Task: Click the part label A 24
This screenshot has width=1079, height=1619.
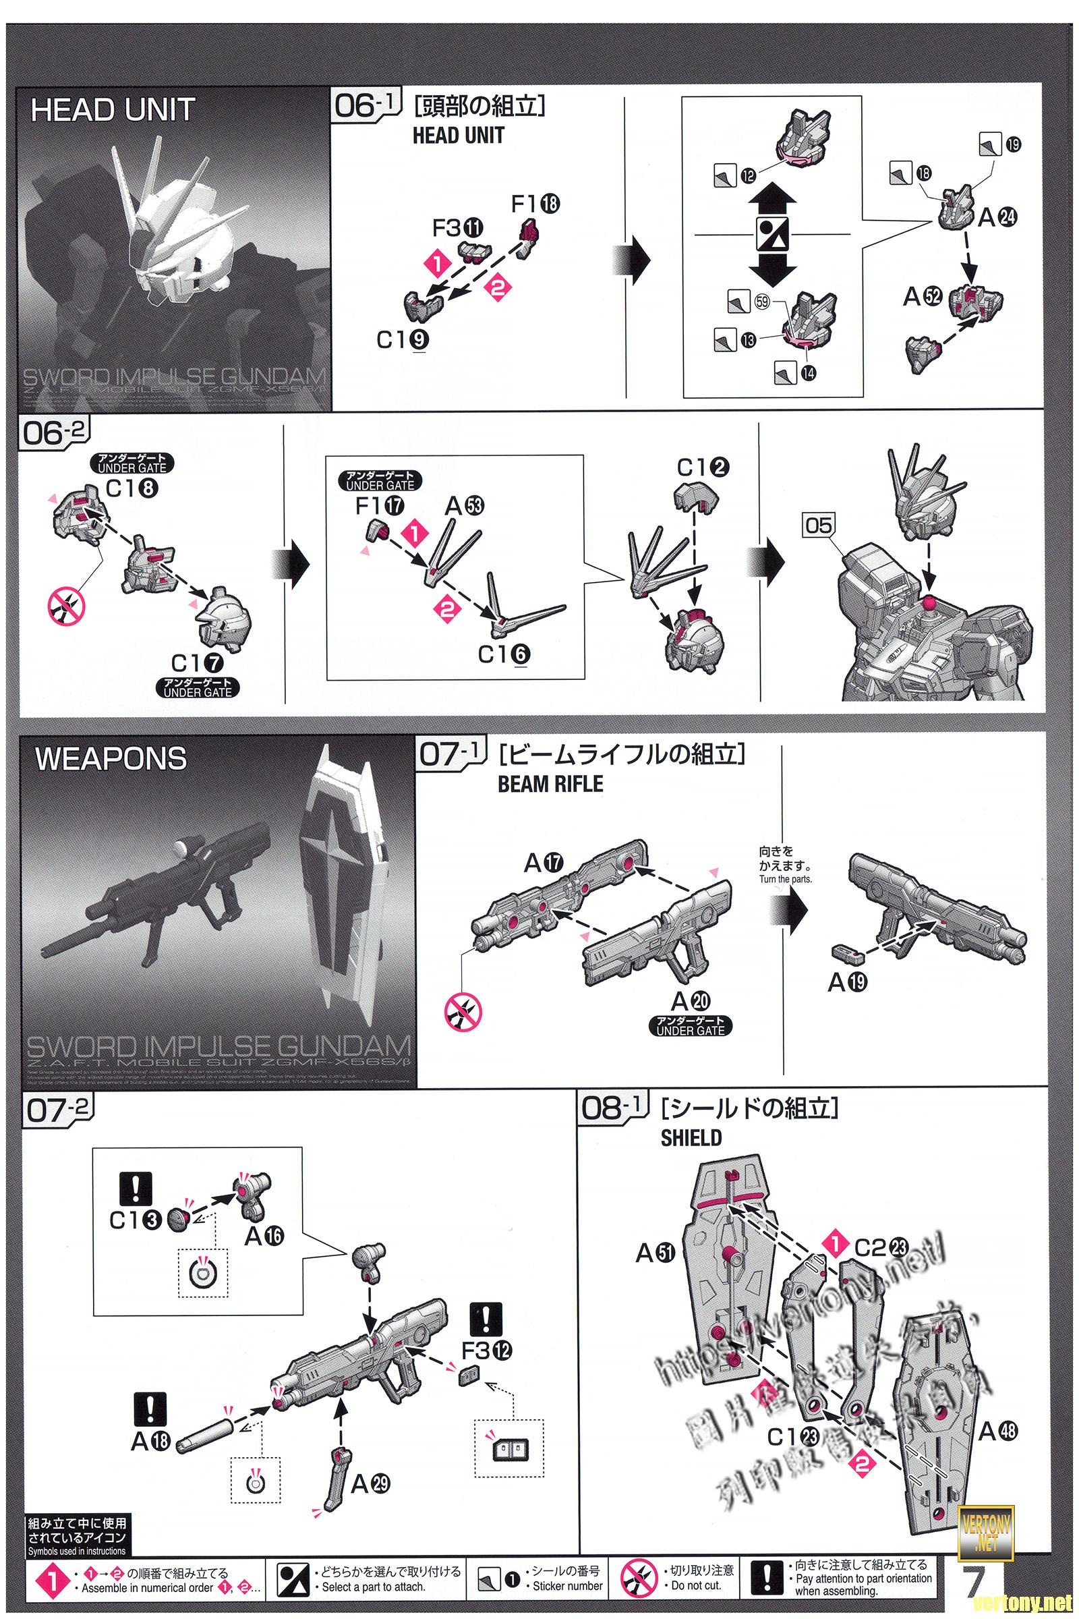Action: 997,217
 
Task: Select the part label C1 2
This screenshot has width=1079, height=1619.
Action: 703,467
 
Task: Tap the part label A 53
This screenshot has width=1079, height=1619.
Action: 465,506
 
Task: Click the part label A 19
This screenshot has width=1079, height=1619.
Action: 848,983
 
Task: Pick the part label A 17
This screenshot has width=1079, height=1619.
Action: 544,863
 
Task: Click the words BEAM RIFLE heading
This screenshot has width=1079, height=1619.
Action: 550,784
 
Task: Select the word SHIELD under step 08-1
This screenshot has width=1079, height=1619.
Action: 691,1138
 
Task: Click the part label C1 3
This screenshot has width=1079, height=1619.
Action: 135,1220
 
